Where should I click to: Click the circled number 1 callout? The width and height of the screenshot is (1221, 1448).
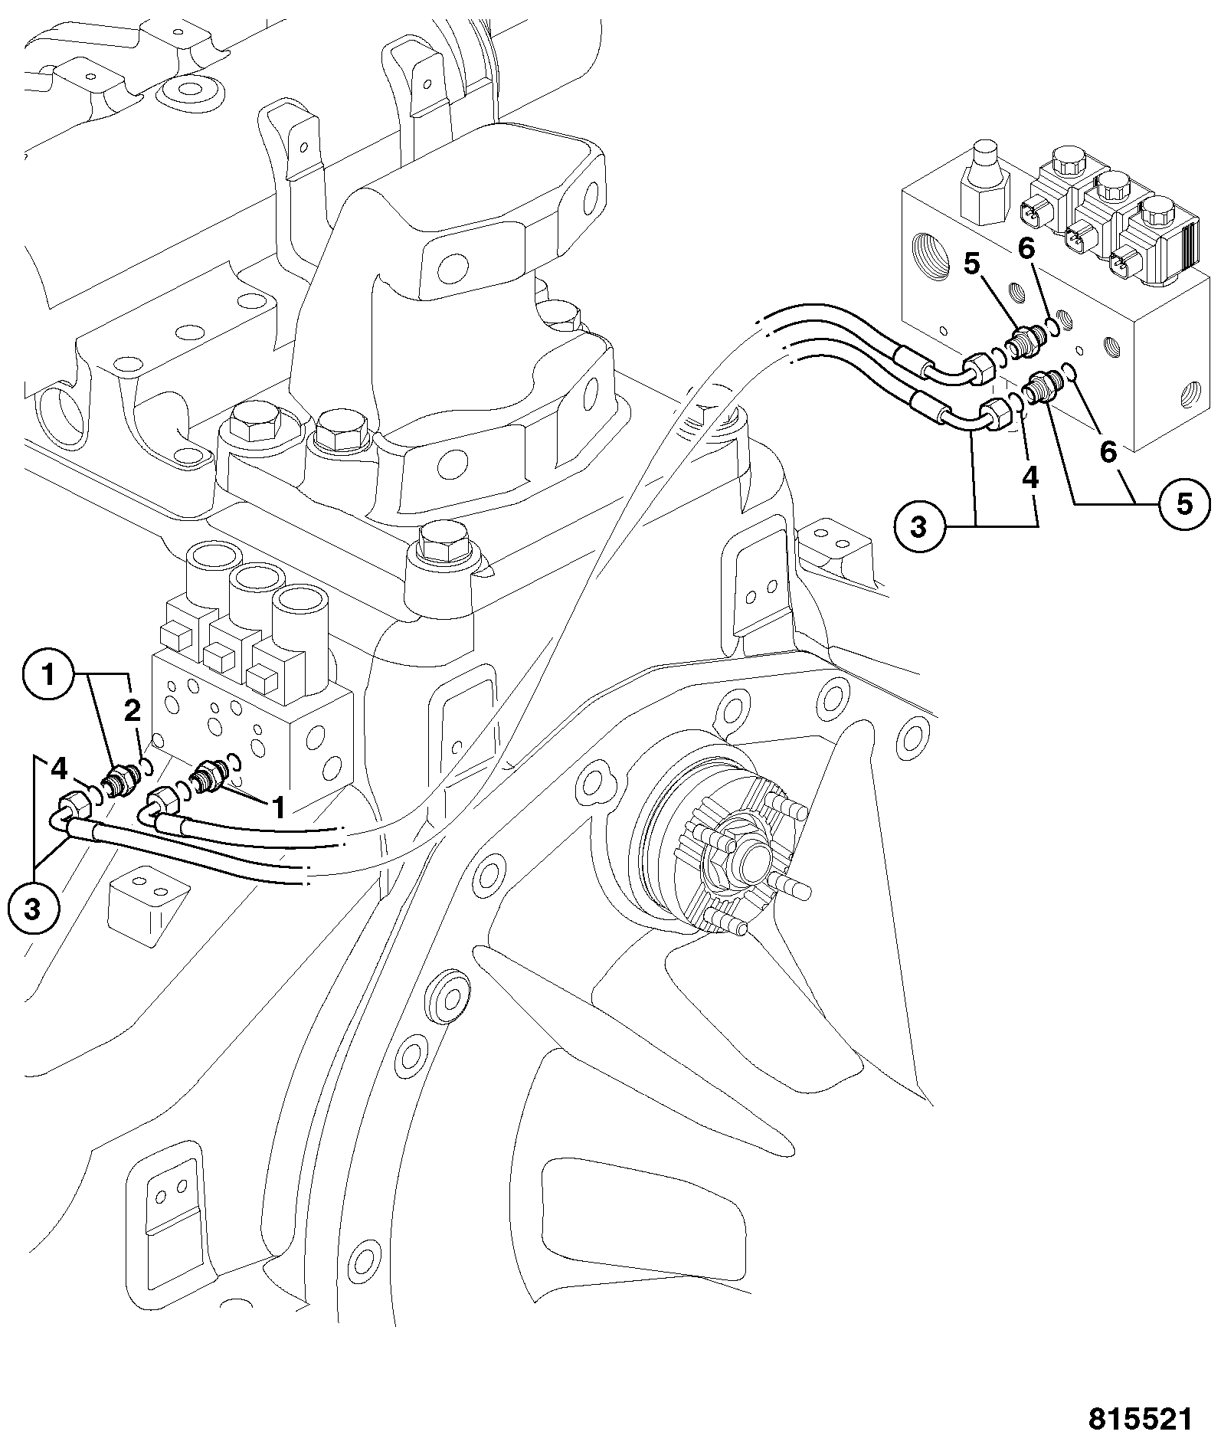pos(49,675)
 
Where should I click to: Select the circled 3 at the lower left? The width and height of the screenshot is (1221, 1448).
pos(32,909)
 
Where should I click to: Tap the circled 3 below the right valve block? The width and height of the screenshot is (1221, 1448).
pos(918,526)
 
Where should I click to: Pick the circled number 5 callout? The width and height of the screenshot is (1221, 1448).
pos(1184,504)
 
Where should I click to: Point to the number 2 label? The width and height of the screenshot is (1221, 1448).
pos(133,711)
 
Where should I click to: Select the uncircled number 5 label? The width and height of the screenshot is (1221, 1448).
pos(971,264)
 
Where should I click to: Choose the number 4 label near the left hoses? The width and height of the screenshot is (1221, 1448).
pos(59,768)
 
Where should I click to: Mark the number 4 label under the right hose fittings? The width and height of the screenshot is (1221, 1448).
pos(1030,478)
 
